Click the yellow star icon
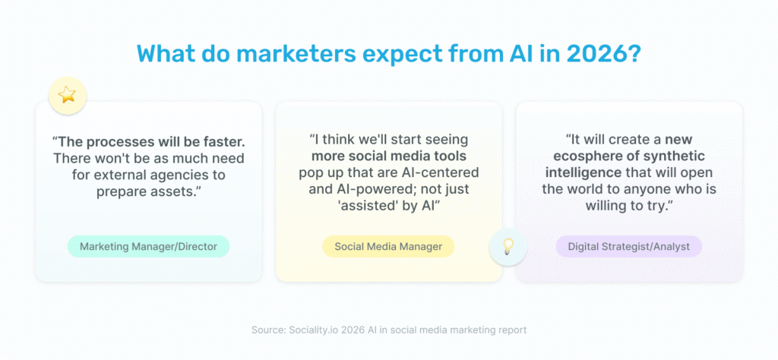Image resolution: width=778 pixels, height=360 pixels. point(68,95)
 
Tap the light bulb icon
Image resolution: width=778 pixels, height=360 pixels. point(508,245)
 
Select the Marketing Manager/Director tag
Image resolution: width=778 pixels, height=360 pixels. point(148,246)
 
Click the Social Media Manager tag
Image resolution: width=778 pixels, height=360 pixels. point(388,246)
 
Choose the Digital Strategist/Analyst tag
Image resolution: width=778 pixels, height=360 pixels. point(628,246)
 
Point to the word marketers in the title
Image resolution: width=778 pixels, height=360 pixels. point(290,55)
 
